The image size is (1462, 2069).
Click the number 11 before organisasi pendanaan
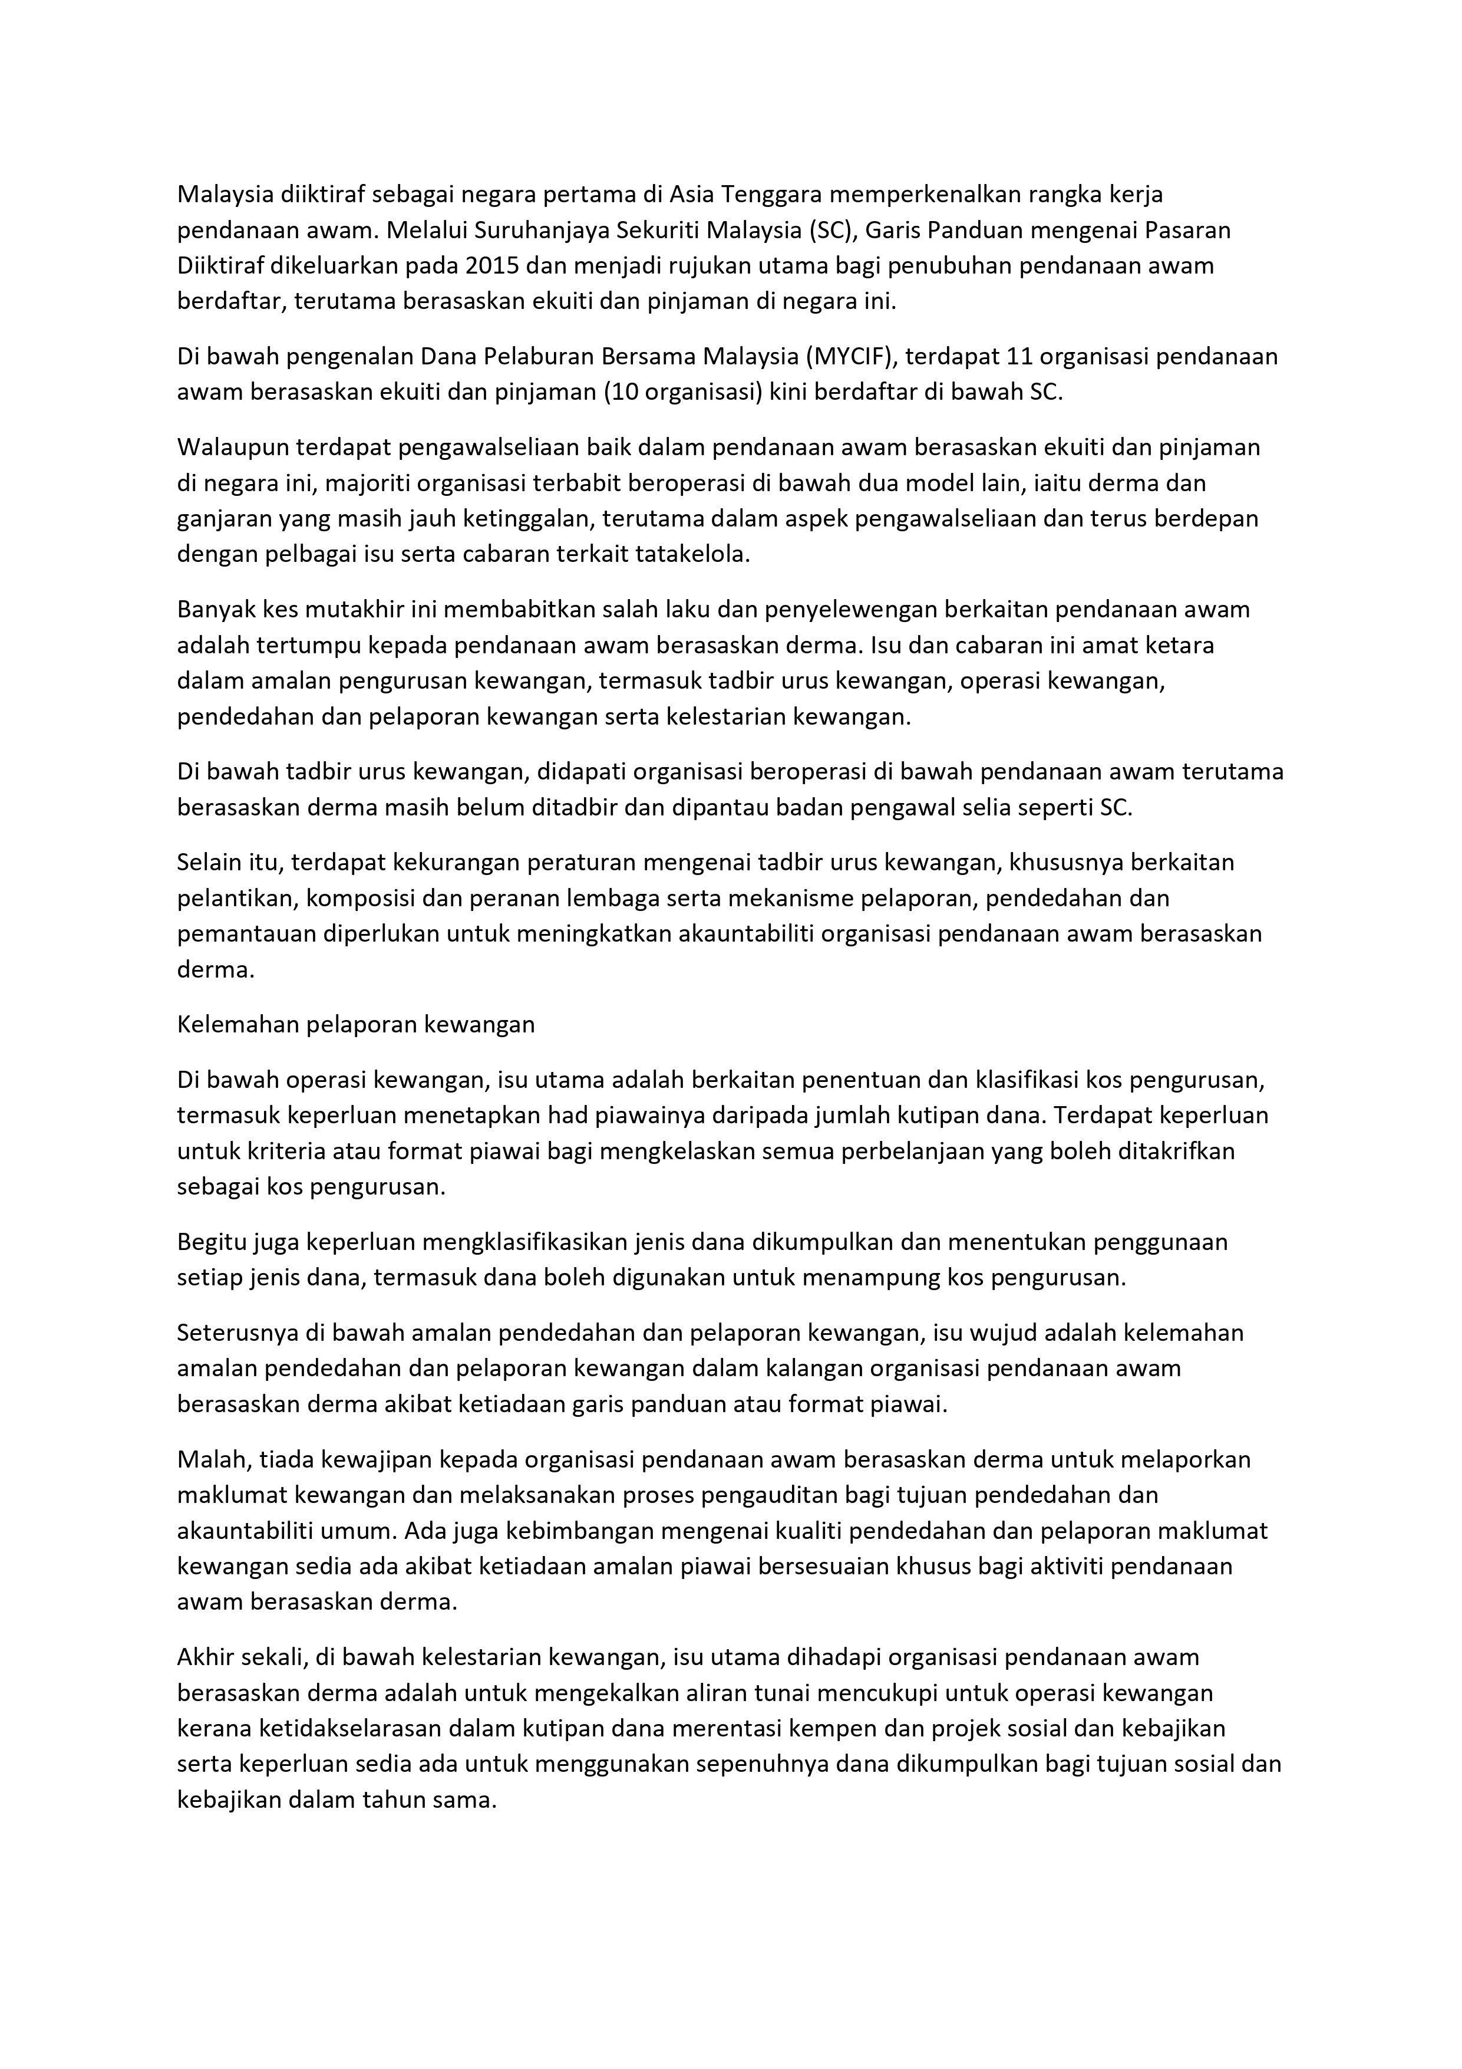pyautogui.click(x=1017, y=357)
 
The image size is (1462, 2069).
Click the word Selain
pyautogui.click(x=209, y=863)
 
